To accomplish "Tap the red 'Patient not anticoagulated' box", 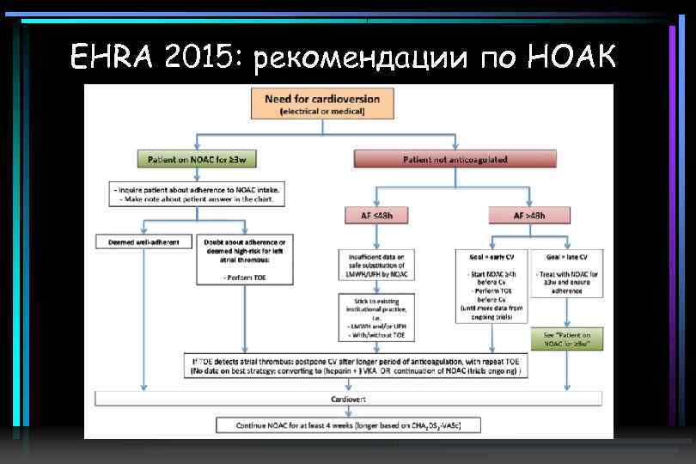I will coord(455,160).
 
